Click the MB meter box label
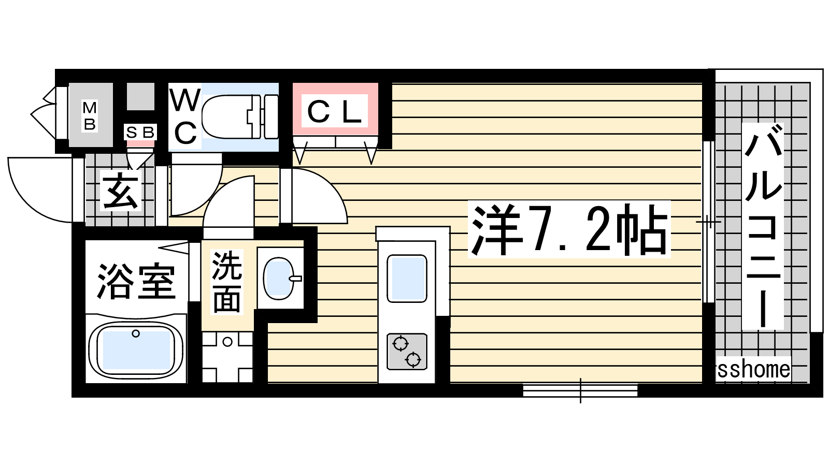[90, 116]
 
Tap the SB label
[140, 132]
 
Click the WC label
[185, 118]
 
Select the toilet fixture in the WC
[240, 116]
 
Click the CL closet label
[335, 111]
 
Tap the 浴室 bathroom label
[136, 281]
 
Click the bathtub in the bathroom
[136, 349]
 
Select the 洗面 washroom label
[226, 282]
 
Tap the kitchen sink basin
[407, 278]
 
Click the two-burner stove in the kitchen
[407, 352]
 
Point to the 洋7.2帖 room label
[569, 230]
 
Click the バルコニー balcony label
[763, 226]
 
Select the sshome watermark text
[753, 369]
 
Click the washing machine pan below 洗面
[227, 357]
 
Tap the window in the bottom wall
[580, 390]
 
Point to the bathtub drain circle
[136, 333]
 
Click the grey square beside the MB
[140, 96]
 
